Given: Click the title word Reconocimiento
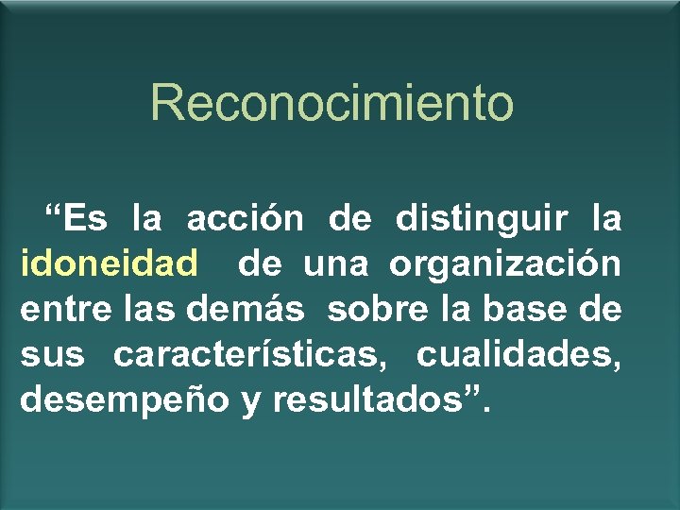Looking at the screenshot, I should (331, 102).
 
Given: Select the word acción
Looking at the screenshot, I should (245, 219).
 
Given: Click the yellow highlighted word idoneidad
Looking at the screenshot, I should (109, 263).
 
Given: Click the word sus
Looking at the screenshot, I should (51, 355).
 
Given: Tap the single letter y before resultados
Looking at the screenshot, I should (250, 402).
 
